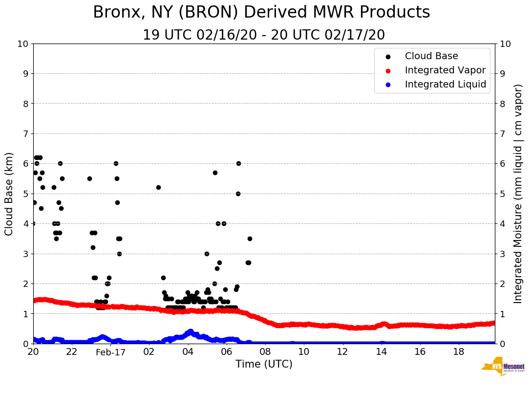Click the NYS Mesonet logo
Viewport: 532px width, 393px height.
[503, 367]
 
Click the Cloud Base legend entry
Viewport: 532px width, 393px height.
[431, 56]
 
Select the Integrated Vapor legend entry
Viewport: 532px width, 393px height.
[445, 70]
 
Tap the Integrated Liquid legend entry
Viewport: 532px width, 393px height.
[445, 85]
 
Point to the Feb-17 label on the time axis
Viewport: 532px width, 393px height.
[110, 352]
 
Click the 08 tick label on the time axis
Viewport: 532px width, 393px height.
[265, 351]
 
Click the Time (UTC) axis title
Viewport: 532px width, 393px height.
[264, 364]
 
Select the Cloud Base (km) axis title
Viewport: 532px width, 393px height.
[9, 194]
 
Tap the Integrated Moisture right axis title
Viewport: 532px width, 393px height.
[518, 194]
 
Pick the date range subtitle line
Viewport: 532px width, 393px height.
[264, 35]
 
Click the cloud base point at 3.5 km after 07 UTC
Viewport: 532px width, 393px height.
[250, 239]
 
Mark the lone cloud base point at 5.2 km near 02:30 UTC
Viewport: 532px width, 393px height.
[158, 187]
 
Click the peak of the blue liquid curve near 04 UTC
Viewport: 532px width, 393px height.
[191, 331]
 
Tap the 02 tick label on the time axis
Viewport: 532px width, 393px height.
[149, 351]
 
